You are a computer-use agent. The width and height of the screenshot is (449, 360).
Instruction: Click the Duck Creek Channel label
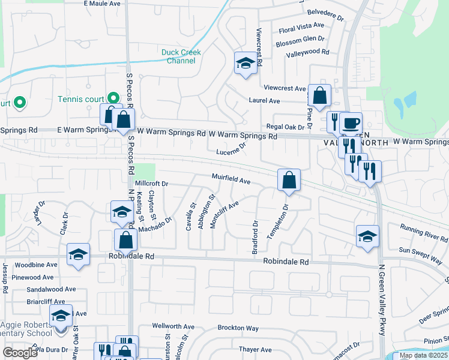tap(181, 56)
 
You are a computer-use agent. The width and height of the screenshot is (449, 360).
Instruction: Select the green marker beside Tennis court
tap(113, 97)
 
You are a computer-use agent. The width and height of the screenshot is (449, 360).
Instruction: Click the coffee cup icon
tap(351, 124)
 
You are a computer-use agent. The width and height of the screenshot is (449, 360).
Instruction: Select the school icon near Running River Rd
tap(367, 236)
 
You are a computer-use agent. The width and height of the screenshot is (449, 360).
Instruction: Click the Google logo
tap(20, 353)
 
